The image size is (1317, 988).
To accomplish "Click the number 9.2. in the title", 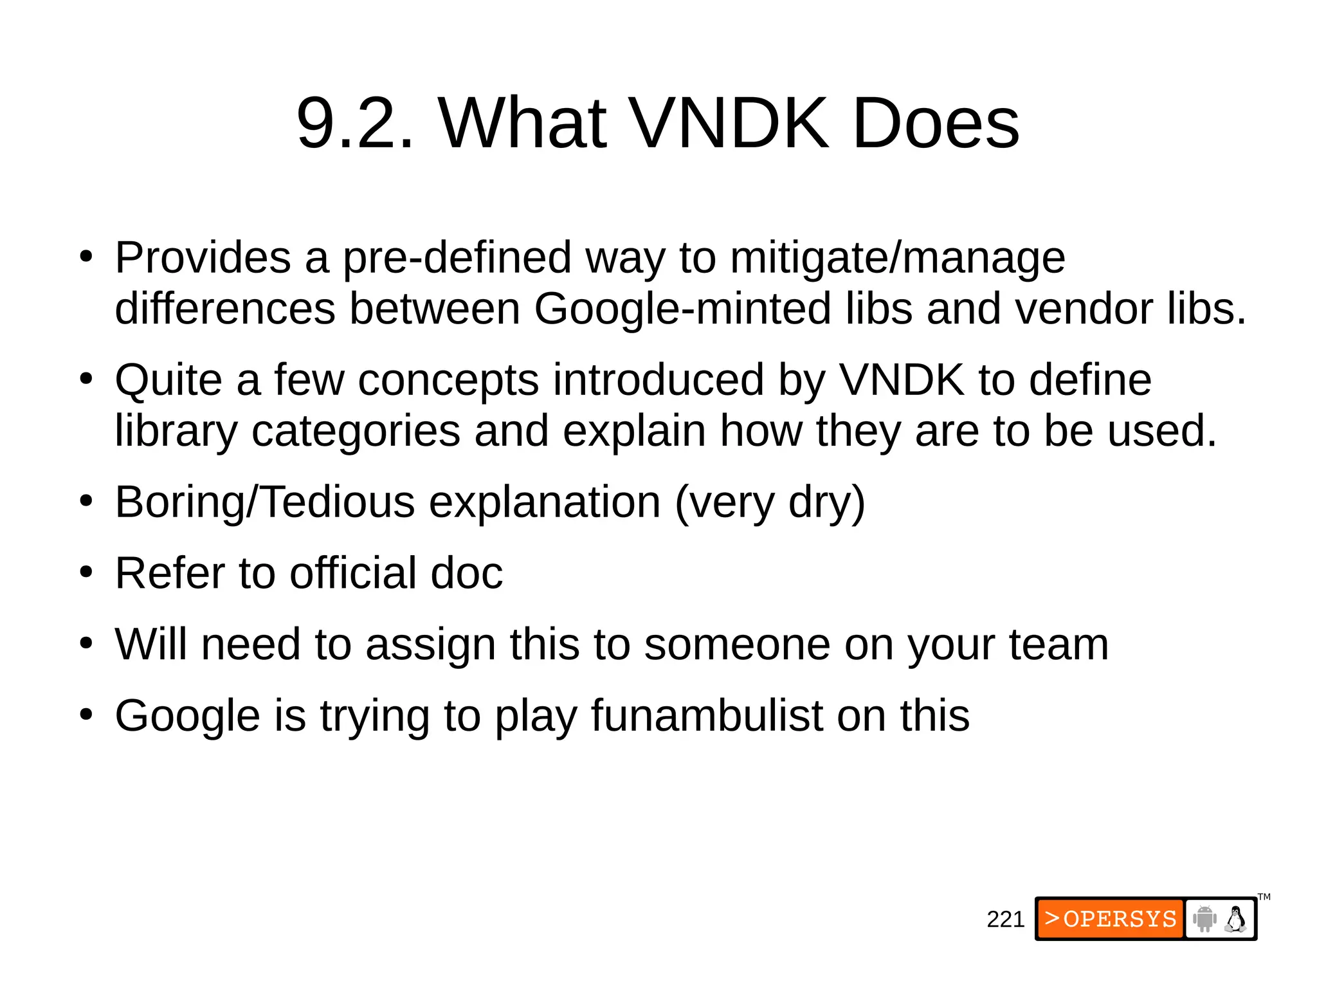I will pos(355,123).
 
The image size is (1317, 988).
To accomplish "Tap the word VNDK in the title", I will pos(728,123).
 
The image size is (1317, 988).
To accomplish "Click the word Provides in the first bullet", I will pos(203,258).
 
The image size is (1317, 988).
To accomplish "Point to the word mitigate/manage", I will pos(898,258).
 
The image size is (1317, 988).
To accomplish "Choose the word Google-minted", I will pos(682,309).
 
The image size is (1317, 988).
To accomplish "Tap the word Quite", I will pos(168,380).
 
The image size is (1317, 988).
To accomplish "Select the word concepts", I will pos(448,380).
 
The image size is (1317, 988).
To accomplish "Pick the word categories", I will pos(356,431).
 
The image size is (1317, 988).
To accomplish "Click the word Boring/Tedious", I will pos(265,502).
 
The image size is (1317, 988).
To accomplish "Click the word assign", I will pos(430,645).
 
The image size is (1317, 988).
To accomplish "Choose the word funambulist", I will pos(707,716).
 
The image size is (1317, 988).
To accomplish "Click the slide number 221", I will pos(1005,919).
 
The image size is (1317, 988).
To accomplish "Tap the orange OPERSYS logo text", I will pos(1111,919).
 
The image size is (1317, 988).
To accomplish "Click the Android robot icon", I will pos(1204,919).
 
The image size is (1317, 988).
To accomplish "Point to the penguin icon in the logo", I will pos(1235,919).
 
